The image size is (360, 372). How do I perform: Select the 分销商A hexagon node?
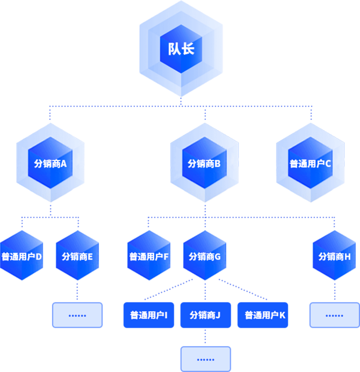coord(50,163)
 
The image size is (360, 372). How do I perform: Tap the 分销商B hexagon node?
coord(204,163)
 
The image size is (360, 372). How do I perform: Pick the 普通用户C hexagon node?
coord(310,163)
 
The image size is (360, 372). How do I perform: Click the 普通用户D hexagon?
coord(22,256)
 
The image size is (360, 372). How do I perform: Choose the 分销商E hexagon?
coord(77,256)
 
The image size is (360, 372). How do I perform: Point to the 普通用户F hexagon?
coord(149,256)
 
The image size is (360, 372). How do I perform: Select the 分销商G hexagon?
coord(205,256)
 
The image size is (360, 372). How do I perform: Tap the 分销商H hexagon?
coord(334,256)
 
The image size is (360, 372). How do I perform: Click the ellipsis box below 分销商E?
coord(77,315)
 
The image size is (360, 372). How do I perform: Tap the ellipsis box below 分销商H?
coord(334,315)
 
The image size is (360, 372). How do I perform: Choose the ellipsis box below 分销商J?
coord(205,359)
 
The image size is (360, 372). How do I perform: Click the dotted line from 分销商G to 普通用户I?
coord(167,290)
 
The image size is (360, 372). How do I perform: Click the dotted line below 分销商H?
coord(334,291)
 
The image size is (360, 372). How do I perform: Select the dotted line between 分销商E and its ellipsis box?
coord(77,291)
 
